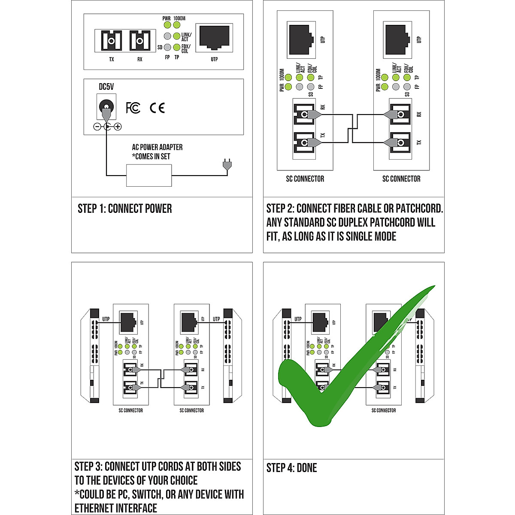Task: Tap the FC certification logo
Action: [x=133, y=107]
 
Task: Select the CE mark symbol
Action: [x=157, y=107]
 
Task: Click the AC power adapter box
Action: [x=149, y=176]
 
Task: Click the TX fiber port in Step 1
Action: [x=112, y=41]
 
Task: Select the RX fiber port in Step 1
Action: [x=139, y=41]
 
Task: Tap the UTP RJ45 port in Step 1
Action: [x=214, y=38]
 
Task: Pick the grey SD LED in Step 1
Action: [x=167, y=47]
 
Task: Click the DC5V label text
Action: [x=106, y=87]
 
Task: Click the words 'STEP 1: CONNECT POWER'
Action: [x=124, y=209]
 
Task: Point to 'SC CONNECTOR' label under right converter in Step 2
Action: [x=401, y=179]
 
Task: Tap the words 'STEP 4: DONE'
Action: [x=291, y=468]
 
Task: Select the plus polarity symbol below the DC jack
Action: [x=118, y=127]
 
